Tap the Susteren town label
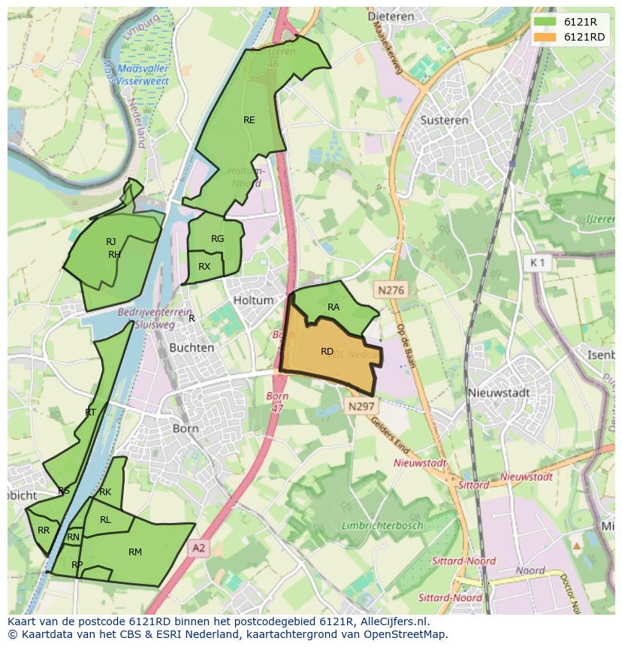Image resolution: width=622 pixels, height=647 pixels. click(x=444, y=119)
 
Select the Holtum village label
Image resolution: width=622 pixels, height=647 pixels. click(x=253, y=300)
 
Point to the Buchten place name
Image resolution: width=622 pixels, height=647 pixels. click(x=192, y=348)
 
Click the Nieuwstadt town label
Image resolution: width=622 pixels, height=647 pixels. click(x=498, y=392)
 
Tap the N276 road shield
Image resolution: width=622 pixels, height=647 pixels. click(x=391, y=289)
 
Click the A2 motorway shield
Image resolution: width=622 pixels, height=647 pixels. click(x=198, y=549)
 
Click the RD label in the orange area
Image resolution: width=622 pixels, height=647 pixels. click(x=327, y=351)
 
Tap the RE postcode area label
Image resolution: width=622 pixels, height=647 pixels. click(x=249, y=119)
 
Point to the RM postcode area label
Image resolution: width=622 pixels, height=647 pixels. click(x=135, y=552)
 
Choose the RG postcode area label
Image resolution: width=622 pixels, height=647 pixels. click(x=218, y=239)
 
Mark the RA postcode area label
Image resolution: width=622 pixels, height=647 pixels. click(x=334, y=307)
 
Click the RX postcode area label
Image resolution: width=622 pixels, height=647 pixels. click(x=204, y=267)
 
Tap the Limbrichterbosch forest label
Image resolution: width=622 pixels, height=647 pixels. click(x=382, y=525)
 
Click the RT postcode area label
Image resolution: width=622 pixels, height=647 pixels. click(x=90, y=412)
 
